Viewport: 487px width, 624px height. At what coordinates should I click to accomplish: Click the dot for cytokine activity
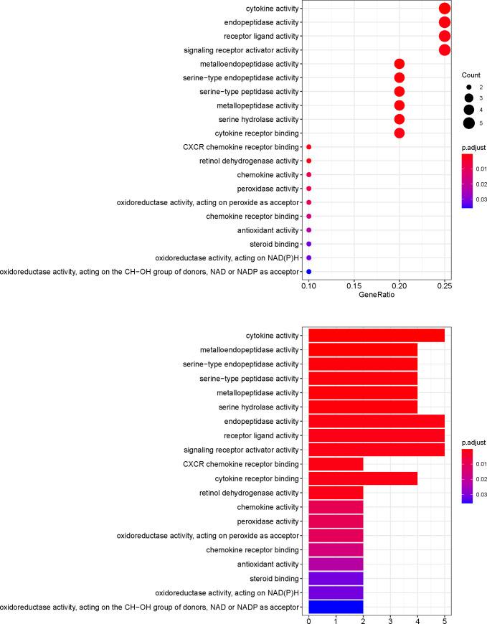(x=444, y=9)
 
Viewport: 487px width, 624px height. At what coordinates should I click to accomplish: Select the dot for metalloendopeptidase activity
(x=399, y=64)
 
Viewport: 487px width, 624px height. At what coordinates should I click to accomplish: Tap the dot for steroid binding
(x=308, y=244)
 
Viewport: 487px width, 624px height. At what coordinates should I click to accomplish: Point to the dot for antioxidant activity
(x=308, y=230)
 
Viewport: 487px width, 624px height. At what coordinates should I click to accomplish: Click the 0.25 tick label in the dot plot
(x=444, y=285)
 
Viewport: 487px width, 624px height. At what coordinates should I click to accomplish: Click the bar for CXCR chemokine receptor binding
(x=336, y=464)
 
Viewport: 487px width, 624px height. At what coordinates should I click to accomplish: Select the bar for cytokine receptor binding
(x=363, y=478)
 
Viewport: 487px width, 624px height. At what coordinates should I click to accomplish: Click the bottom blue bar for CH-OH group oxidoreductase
(x=336, y=603)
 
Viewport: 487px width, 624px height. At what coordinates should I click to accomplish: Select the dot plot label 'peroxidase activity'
(x=267, y=189)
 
